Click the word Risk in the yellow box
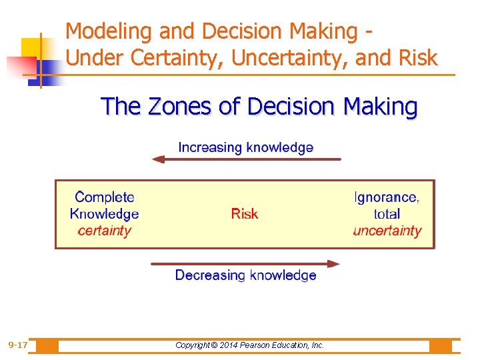click(x=244, y=214)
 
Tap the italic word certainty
click(x=105, y=231)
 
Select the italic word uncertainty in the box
click(x=387, y=231)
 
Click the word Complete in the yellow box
click(x=105, y=197)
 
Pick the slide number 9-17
click(x=18, y=345)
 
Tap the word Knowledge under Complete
click(x=105, y=214)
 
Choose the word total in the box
click(x=387, y=214)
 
